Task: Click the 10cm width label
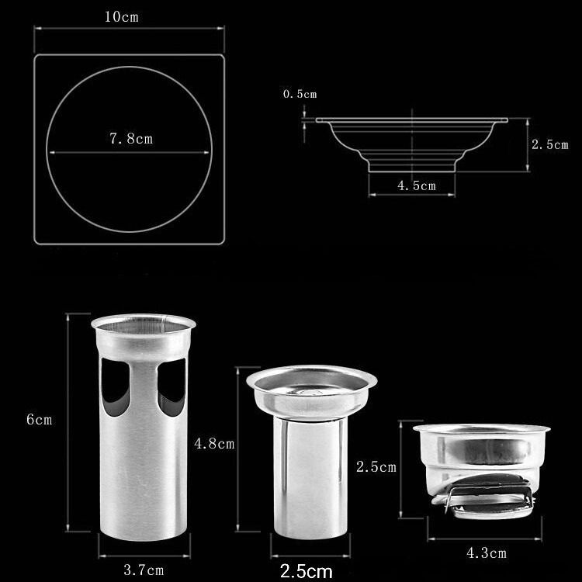click(121, 17)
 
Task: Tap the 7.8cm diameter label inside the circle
click(131, 139)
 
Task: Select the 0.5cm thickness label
click(300, 94)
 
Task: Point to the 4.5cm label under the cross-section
click(417, 185)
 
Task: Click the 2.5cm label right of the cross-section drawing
click(549, 144)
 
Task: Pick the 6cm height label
click(39, 419)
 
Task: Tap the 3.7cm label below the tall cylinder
click(144, 570)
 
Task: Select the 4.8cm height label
click(214, 444)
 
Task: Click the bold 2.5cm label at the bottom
click(307, 571)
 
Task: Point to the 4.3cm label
click(487, 553)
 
